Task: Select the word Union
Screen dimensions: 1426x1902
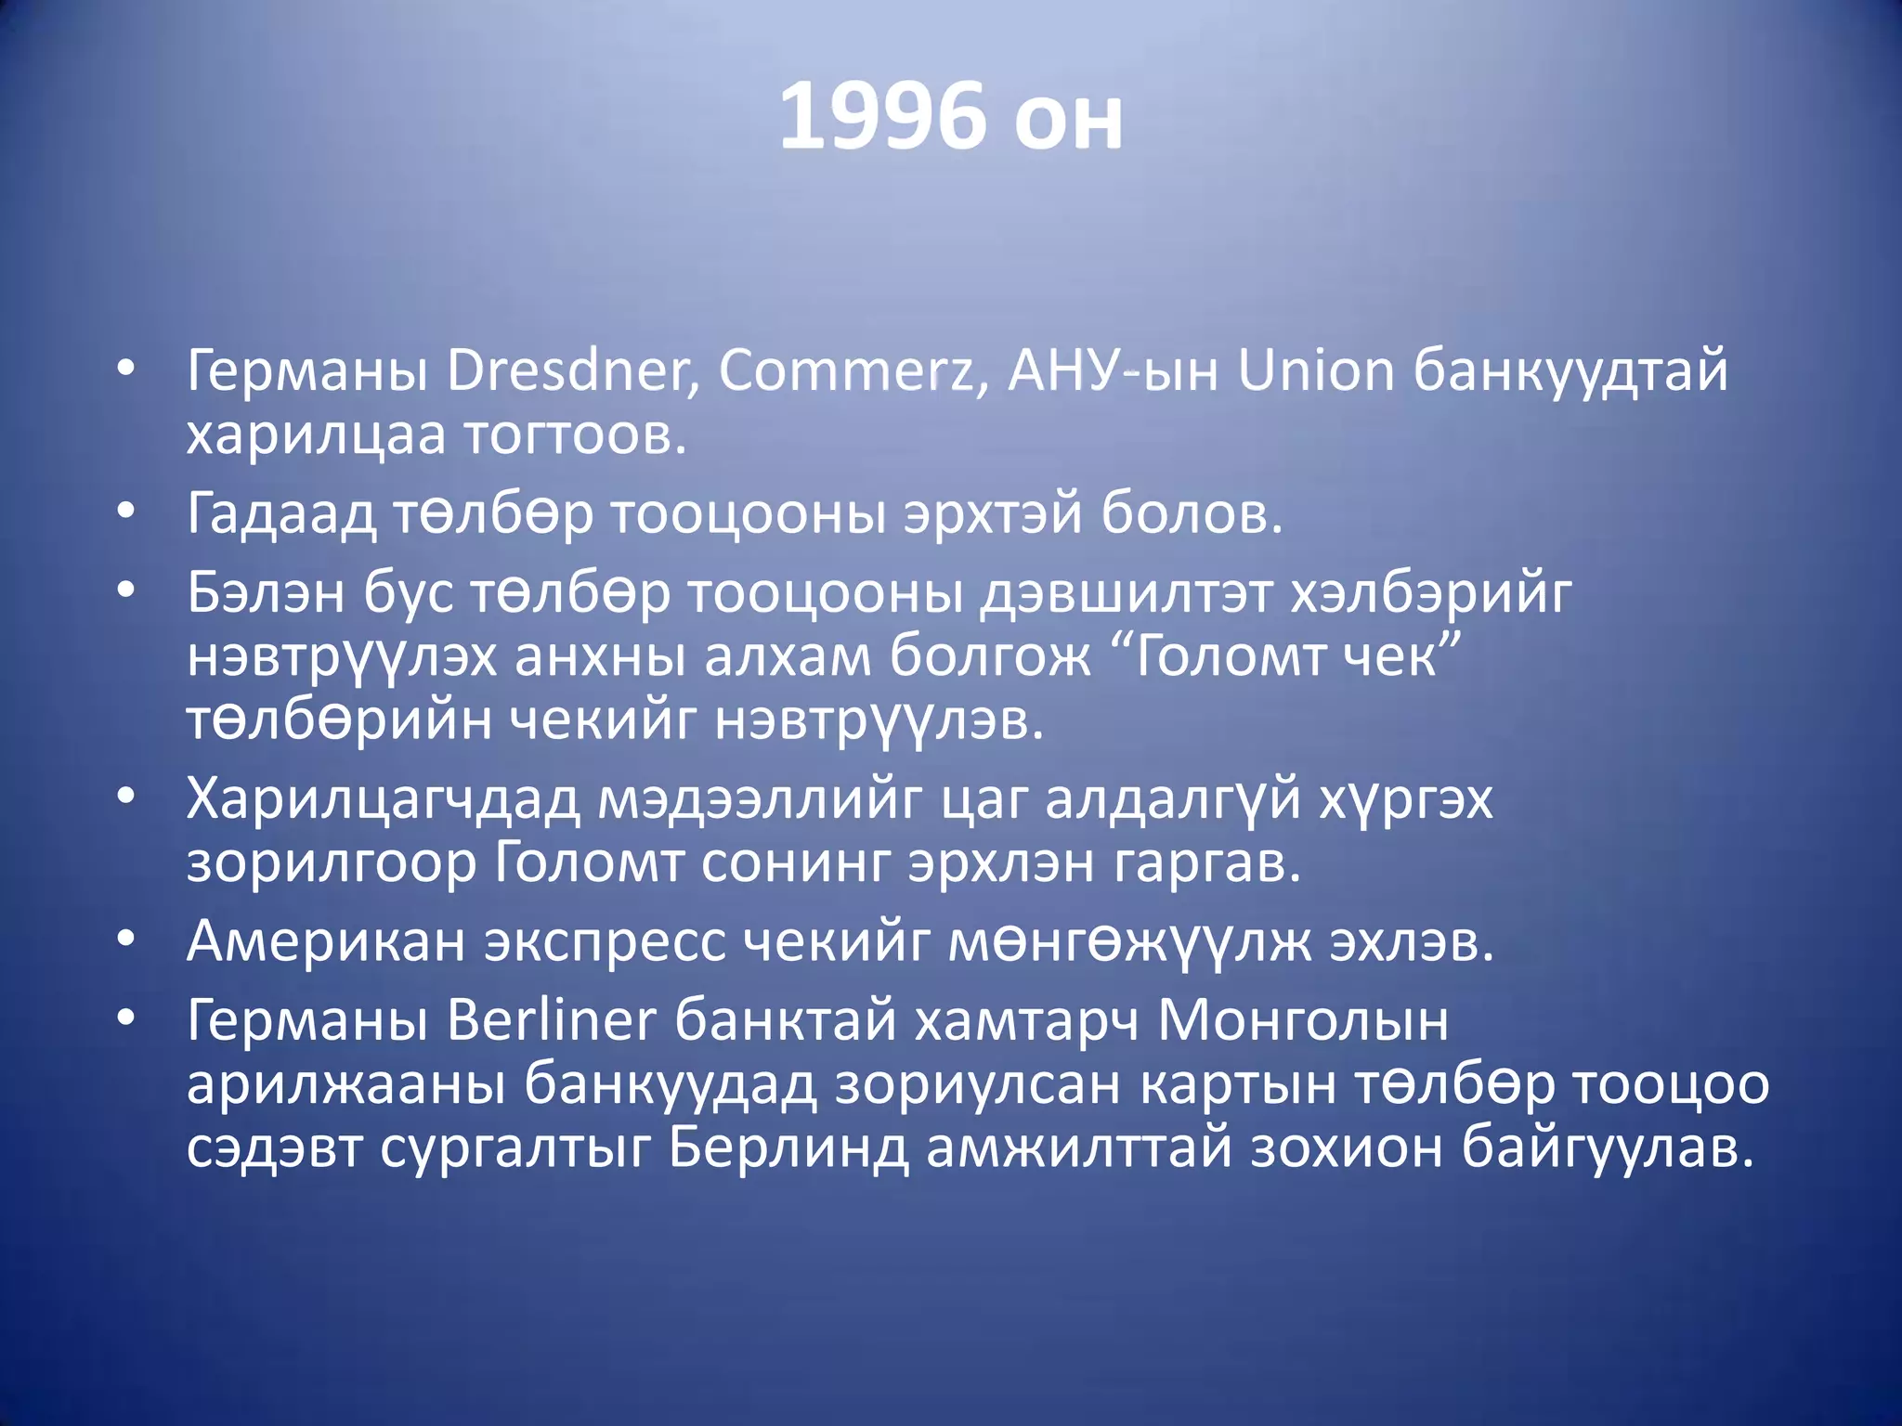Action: (1316, 371)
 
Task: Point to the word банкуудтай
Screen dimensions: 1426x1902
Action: (1570, 371)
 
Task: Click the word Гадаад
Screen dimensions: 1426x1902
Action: (281, 512)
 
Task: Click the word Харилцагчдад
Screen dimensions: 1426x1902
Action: (384, 799)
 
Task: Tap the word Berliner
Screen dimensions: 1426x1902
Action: (552, 1020)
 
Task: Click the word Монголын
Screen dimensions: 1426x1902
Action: (1303, 1020)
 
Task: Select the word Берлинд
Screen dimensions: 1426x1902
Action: (788, 1147)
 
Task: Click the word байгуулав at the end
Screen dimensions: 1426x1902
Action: (1608, 1147)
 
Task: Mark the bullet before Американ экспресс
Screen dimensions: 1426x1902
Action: (126, 940)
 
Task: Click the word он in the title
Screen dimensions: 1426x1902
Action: (1068, 117)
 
